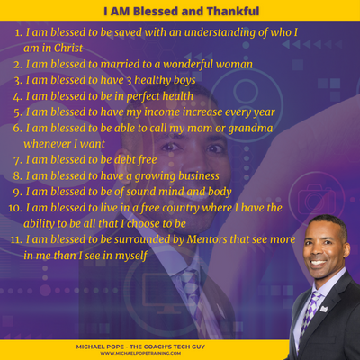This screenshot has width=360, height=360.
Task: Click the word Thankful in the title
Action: point(233,11)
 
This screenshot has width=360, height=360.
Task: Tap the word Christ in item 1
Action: point(68,48)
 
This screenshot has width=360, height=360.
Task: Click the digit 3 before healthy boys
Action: point(129,80)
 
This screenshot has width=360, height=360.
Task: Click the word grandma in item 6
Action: point(250,129)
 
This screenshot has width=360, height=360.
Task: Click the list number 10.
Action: point(15,208)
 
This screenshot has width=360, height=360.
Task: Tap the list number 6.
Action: point(18,129)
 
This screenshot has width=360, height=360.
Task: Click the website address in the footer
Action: point(140,353)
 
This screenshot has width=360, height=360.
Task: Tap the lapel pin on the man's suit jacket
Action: point(324,309)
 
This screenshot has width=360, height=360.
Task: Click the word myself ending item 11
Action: point(131,256)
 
